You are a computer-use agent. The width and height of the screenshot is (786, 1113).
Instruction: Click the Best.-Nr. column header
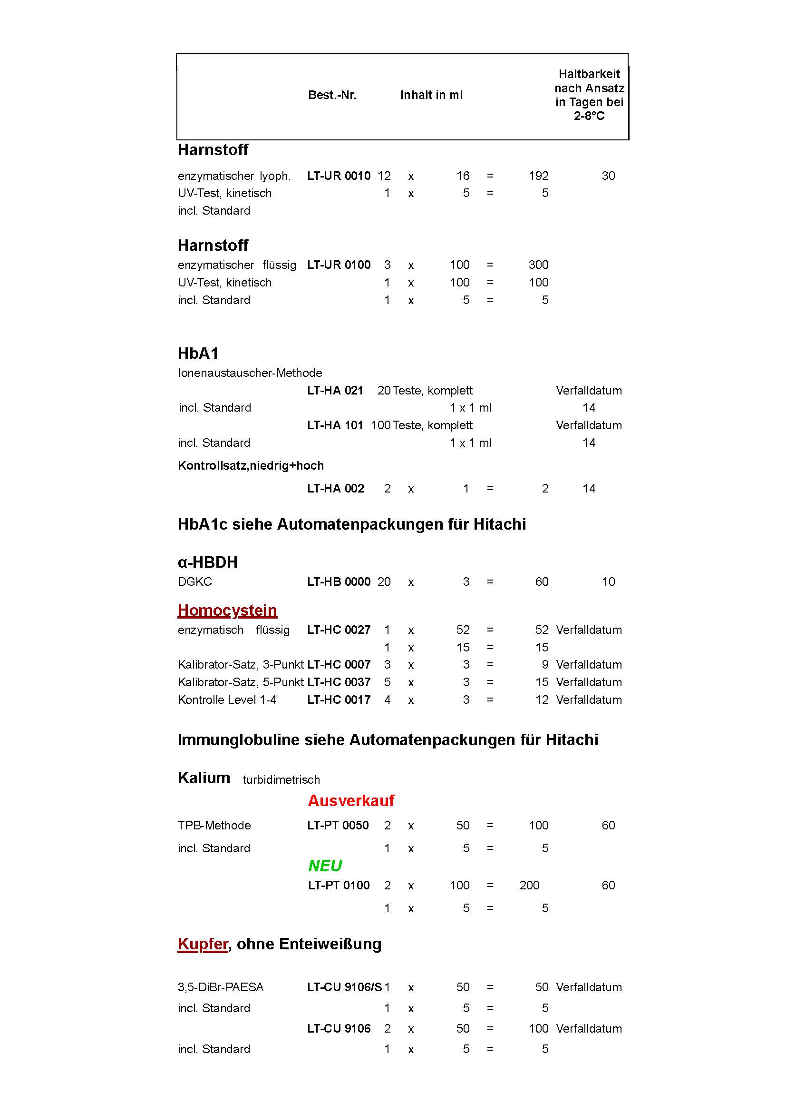(332, 95)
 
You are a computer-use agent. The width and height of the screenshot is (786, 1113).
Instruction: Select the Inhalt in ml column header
(431, 95)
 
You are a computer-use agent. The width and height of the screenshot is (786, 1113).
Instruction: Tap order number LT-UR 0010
(339, 176)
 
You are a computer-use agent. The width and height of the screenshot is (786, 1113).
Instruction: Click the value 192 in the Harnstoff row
(538, 176)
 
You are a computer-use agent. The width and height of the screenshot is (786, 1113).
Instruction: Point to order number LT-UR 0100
(339, 265)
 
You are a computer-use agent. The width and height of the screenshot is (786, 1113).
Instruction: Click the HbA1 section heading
(198, 353)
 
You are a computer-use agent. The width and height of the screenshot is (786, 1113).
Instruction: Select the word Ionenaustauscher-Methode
(250, 373)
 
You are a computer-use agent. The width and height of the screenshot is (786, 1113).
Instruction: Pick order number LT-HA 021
(335, 390)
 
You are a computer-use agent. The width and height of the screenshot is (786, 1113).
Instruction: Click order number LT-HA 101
(335, 425)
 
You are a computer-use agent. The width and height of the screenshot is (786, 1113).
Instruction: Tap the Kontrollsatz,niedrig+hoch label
(251, 465)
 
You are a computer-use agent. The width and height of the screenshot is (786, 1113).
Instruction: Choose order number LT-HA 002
(335, 488)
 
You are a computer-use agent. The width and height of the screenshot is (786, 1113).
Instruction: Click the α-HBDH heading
(207, 562)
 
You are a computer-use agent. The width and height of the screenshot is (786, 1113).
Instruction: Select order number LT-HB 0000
(339, 581)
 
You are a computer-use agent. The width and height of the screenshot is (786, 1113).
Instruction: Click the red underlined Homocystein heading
(227, 610)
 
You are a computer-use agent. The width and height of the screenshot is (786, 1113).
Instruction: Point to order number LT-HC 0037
(339, 682)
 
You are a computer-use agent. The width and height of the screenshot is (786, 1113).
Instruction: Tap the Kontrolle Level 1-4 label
(227, 699)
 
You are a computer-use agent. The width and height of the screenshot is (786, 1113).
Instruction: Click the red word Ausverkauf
(350, 800)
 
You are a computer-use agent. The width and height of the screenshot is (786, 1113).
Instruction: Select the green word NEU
(325, 865)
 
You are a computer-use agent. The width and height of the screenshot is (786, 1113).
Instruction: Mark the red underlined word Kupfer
(203, 943)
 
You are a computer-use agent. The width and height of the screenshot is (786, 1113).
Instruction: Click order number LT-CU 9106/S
(344, 987)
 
